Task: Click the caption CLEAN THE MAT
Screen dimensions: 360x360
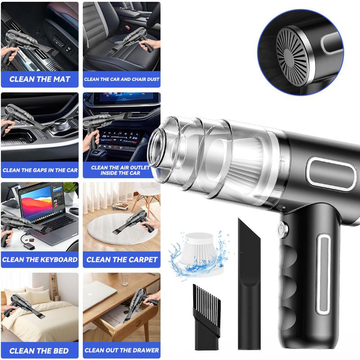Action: pyautogui.click(x=40, y=79)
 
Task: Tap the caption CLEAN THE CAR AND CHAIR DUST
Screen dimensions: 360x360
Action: pyautogui.click(x=121, y=79)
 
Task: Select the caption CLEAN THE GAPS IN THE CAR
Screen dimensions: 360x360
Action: pyautogui.click(x=40, y=170)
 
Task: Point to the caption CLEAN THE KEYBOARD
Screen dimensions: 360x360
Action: pyautogui.click(x=40, y=260)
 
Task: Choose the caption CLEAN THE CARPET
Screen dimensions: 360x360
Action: pyautogui.click(x=121, y=260)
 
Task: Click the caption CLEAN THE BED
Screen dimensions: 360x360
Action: pyautogui.click(x=40, y=351)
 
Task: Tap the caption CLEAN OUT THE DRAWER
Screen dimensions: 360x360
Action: pyautogui.click(x=121, y=350)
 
